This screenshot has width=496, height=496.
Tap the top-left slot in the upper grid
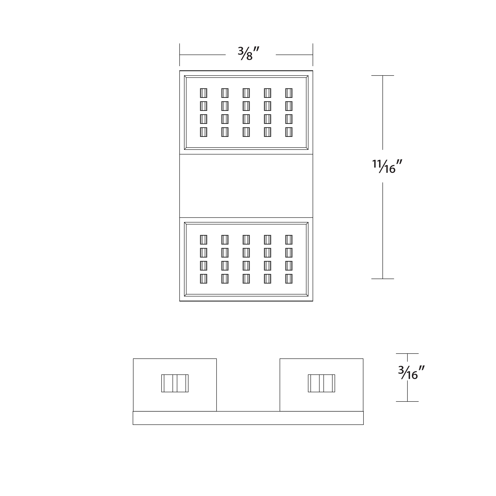pyautogui.click(x=204, y=93)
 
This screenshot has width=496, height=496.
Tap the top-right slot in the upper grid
pyautogui.click(x=289, y=93)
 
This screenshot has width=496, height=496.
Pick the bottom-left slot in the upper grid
pyautogui.click(x=204, y=132)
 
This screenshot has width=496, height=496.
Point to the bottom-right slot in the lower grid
pyautogui.click(x=289, y=279)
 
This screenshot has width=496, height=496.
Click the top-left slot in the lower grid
pyautogui.click(x=204, y=240)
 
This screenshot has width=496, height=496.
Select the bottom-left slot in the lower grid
pyautogui.click(x=204, y=279)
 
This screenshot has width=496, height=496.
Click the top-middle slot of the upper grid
pyautogui.click(x=246, y=93)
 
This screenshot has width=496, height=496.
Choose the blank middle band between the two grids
pyautogui.click(x=246, y=186)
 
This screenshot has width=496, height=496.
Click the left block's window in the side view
pyautogui.click(x=175, y=383)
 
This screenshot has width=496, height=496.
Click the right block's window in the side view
pyautogui.click(x=321, y=383)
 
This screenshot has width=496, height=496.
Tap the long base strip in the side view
pyautogui.click(x=248, y=418)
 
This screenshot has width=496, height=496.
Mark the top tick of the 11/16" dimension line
pyautogui.click(x=383, y=75)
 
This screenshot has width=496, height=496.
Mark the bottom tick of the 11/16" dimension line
pyautogui.click(x=383, y=279)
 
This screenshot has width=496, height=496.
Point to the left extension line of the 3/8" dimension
pyautogui.click(x=180, y=55)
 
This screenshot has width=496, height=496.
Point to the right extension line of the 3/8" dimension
pyautogui.click(x=313, y=55)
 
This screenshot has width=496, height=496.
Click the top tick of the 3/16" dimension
pyautogui.click(x=407, y=353)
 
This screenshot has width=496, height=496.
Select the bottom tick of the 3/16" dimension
pyautogui.click(x=407, y=401)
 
